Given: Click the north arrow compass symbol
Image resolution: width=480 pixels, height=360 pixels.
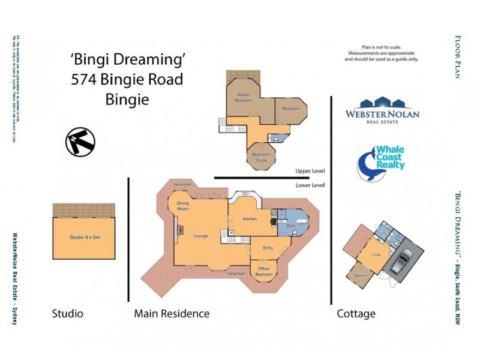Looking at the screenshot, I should coord(80,142).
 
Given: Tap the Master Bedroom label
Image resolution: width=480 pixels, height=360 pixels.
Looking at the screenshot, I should coord(243,97).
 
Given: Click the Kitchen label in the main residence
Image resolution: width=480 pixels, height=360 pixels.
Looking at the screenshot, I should coord(250,219).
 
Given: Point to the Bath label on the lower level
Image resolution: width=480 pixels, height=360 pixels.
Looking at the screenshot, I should coord(292,226).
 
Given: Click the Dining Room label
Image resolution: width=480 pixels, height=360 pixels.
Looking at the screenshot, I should coord(183,206).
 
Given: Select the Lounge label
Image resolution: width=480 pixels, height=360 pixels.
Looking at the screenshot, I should coord(200,236).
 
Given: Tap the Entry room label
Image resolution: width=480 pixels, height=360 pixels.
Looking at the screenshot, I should coord(268,247).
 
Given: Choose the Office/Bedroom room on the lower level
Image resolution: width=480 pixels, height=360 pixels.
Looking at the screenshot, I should coord(264,271).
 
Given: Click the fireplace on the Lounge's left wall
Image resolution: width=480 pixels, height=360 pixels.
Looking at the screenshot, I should coord(176,229).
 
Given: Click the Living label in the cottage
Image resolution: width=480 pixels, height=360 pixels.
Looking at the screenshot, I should coord(376,255).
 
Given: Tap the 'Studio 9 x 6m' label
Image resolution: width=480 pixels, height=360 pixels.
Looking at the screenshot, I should coord(84,238).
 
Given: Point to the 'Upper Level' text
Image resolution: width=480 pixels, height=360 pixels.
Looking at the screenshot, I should coord(310,171).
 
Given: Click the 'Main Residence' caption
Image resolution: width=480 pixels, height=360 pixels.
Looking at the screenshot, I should coord(172,313).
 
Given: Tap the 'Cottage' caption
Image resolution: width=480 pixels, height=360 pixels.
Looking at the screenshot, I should coord(356,313).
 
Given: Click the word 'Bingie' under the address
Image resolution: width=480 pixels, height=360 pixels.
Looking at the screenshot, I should coord(127,99).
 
